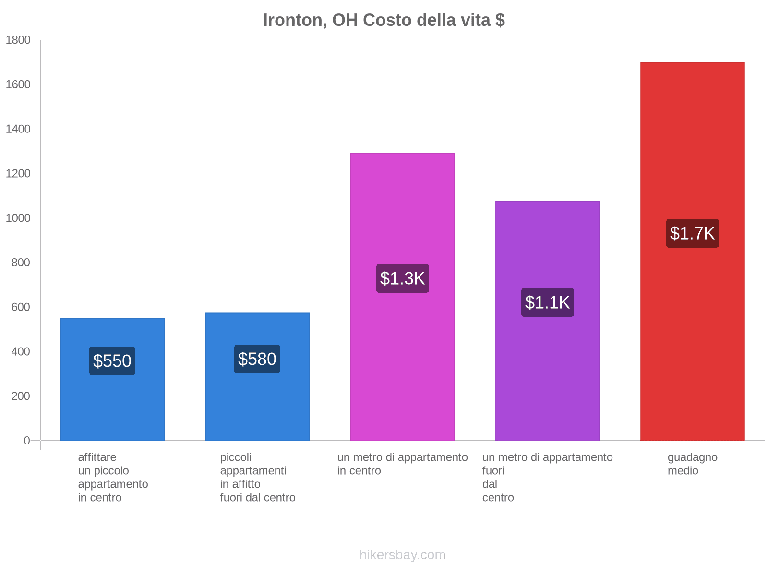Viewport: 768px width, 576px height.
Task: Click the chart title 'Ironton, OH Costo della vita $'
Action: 384,20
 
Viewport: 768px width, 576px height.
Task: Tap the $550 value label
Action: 112,361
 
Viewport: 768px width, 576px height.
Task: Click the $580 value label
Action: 257,359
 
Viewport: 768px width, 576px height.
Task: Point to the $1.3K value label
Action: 402,278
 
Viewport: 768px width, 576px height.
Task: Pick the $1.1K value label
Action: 547,302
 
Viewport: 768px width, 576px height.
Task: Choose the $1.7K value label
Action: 692,233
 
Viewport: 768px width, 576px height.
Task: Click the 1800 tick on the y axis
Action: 18,40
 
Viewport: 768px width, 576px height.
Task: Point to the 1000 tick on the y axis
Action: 18,218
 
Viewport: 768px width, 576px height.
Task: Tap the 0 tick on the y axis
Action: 27,441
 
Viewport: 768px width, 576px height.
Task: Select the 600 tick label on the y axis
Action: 21,307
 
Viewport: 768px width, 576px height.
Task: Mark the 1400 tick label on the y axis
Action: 18,129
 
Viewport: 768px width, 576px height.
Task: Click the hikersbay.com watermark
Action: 402,555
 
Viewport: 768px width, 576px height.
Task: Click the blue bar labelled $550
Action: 112,408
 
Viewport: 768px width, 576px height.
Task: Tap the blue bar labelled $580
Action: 257,408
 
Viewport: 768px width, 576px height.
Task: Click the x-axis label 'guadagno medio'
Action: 692,464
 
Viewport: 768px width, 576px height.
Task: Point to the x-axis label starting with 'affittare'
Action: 113,477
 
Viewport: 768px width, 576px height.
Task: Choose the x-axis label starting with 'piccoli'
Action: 258,477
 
